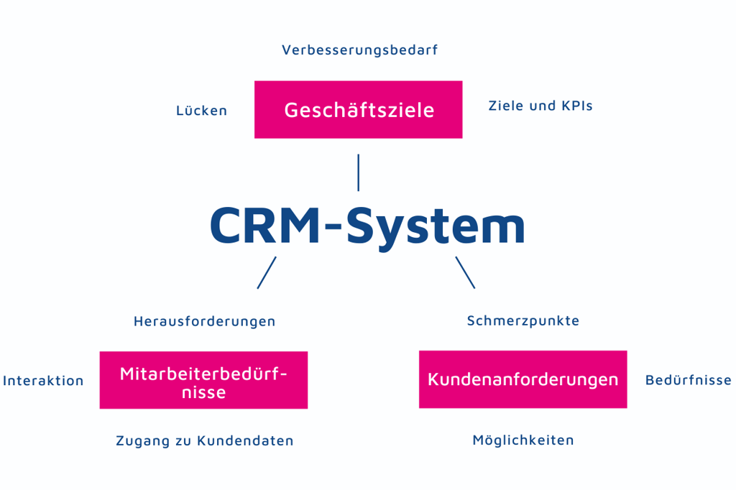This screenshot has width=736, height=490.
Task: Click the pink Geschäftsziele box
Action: coord(358,109)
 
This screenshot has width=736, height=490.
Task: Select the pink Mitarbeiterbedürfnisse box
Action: coord(203,380)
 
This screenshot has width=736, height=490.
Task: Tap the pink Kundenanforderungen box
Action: coord(523,379)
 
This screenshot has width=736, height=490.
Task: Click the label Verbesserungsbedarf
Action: coord(359,50)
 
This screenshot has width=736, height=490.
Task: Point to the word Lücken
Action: coord(201,111)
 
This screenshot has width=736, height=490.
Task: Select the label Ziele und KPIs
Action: coord(540,106)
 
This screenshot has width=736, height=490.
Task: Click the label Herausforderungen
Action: coord(204,321)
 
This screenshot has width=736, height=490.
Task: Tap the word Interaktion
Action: coord(43,381)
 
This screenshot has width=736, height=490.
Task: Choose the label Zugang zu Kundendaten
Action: coord(205,440)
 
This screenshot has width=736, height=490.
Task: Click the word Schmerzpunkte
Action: coord(523,321)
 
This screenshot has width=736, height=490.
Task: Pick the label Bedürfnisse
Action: coord(688,380)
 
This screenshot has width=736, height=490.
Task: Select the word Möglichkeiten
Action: coord(523,440)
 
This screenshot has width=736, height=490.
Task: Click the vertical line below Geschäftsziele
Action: coord(358,172)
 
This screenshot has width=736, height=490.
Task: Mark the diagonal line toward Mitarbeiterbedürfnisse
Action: coord(267,272)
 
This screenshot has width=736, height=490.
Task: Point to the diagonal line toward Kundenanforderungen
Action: coord(465,272)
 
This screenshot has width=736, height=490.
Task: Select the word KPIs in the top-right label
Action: coord(576,106)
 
